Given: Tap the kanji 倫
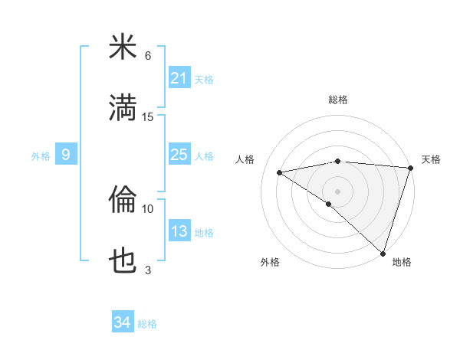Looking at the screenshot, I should (x=123, y=201).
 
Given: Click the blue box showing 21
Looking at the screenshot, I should (x=179, y=77).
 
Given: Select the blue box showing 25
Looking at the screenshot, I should (x=179, y=155).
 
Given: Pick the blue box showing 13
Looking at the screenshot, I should (x=179, y=231).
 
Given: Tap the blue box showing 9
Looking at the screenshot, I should (x=66, y=155).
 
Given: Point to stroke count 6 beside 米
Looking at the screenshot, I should (x=148, y=56).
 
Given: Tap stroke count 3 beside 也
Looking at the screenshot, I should (x=148, y=270).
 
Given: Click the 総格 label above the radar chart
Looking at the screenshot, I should (x=337, y=100).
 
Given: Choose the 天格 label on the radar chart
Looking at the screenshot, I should (x=431, y=159).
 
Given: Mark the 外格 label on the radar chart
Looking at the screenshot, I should (x=270, y=262).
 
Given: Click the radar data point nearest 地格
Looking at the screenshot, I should (x=383, y=253).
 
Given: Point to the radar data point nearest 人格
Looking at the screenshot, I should (x=280, y=172).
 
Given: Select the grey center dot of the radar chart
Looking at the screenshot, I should (x=337, y=190).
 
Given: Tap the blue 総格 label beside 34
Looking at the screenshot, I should (x=148, y=324).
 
